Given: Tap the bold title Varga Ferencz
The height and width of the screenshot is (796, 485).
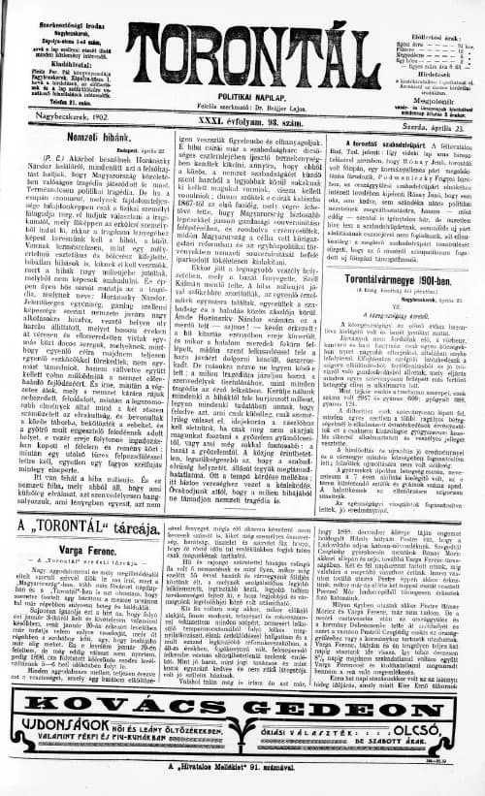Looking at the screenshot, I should point(74,548).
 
